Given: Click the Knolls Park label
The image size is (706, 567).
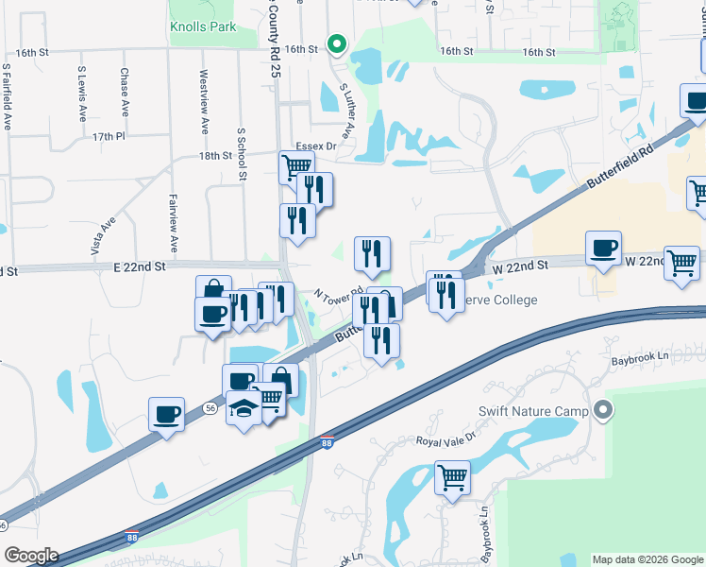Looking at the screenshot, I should pyautogui.click(x=203, y=27).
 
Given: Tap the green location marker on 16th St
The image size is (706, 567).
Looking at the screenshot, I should pyautogui.click(x=336, y=43).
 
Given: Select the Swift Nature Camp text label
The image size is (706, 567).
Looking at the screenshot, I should pyautogui.click(x=533, y=410).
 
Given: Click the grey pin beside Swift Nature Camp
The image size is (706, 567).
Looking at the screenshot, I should pyautogui.click(x=605, y=410).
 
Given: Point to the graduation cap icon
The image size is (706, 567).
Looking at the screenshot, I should pyautogui.click(x=244, y=408).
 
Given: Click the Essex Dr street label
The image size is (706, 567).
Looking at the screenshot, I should pyautogui.click(x=316, y=146).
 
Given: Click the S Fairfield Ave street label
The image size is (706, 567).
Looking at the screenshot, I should pyautogui.click(x=7, y=98).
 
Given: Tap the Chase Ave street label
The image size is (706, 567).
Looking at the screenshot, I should pyautogui.click(x=125, y=92).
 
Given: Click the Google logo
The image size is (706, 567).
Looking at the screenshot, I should pyautogui.click(x=31, y=556).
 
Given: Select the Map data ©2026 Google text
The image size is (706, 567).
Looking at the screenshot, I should pyautogui.click(x=647, y=559).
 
